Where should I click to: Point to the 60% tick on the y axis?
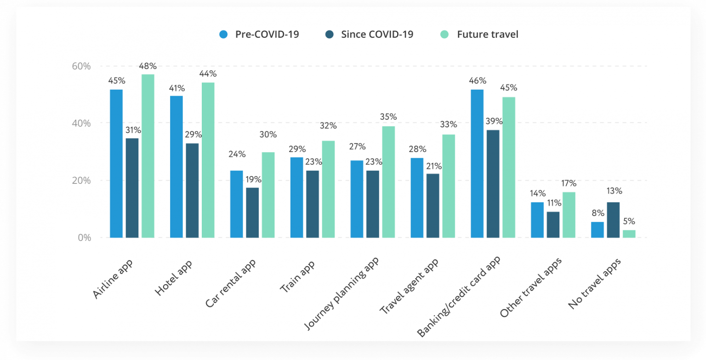point(81,66)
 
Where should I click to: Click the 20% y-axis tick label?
point(81,180)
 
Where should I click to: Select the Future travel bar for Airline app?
point(148,156)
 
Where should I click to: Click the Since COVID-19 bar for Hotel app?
point(192,190)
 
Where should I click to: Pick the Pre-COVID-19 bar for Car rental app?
point(236,204)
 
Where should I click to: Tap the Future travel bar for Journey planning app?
point(388,182)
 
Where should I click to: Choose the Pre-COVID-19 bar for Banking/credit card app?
point(477,164)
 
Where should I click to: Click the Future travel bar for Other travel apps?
point(569,215)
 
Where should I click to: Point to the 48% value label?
point(148,66)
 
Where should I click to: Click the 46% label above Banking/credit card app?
point(477,81)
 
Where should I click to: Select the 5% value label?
point(629,221)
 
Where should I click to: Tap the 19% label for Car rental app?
point(252,179)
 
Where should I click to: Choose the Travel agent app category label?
point(409,286)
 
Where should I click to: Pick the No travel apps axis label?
point(594,284)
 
